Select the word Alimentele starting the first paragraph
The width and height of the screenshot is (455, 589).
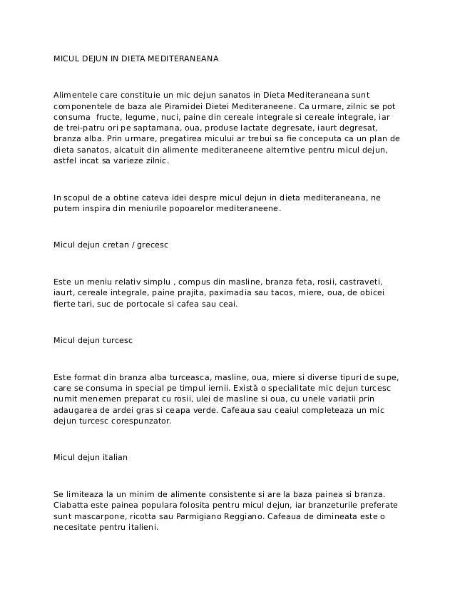point(76,94)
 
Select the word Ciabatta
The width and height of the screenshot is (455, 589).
point(72,504)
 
